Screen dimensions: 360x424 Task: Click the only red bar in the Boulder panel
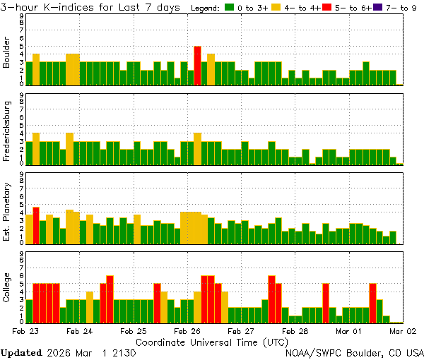tap(198, 66)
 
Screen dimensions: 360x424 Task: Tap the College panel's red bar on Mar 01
tap(372, 302)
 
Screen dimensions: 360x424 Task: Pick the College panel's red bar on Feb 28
tap(326, 302)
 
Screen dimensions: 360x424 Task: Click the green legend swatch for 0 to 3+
tap(230, 8)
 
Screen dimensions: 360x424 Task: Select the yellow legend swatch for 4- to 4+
tap(277, 8)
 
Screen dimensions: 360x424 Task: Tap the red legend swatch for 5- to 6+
tap(325, 8)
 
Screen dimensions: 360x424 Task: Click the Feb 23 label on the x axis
tap(25, 330)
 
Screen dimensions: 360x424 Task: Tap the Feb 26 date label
tap(187, 330)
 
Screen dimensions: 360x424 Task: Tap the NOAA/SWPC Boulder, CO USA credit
tap(354, 352)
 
